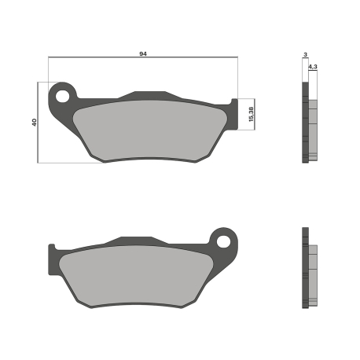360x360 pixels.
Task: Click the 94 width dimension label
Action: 143,54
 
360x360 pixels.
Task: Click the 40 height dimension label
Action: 35,122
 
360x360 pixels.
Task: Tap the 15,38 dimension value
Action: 251,114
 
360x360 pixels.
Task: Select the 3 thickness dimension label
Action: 305,54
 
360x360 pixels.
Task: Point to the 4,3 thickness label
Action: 313,67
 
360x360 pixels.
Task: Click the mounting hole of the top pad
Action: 62,96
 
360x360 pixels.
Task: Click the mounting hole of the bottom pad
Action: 223,241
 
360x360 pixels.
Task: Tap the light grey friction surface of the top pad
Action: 150,130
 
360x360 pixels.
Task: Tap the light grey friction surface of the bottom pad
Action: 136,275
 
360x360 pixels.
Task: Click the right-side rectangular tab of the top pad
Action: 234,114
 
